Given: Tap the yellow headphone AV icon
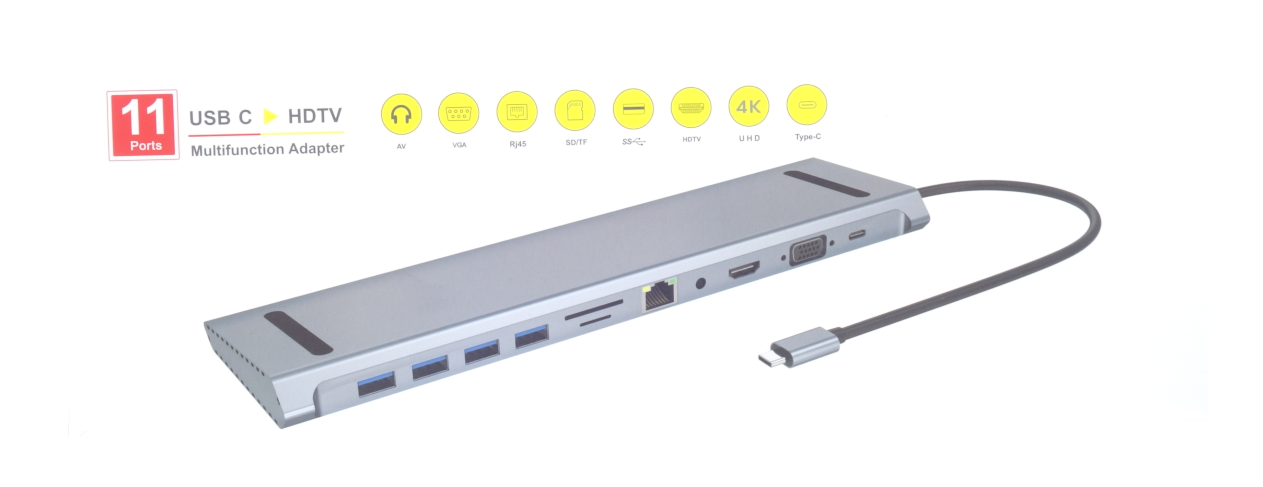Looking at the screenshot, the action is pos(401,114).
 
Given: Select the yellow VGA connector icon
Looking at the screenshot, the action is pos(459,113).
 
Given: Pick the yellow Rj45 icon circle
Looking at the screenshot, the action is pos(517,112).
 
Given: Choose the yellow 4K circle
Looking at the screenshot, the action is pos(749,106).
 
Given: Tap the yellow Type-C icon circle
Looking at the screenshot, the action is pos(807,104).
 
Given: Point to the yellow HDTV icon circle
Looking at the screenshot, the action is pos(691,107).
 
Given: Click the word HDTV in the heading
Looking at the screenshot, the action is pos(314,116).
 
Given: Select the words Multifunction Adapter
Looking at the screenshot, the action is pos(267,149).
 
